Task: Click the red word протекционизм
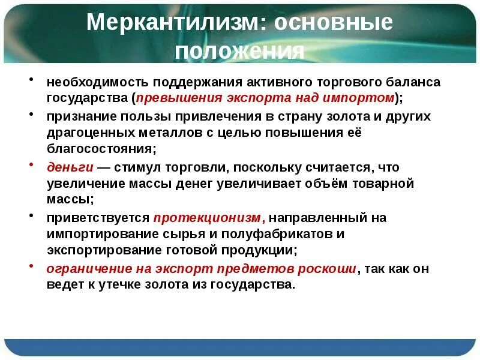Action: pos(208,218)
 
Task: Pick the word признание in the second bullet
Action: pos(76,116)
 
